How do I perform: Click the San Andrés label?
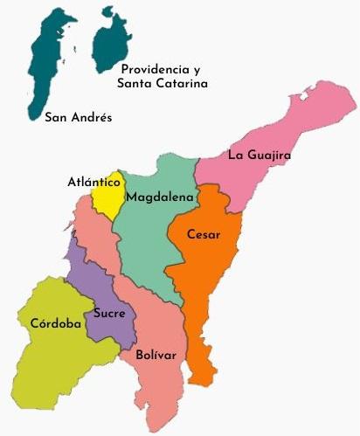pos(78,116)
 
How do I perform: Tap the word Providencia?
pos(156,68)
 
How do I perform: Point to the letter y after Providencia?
pos(197,69)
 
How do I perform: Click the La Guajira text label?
pos(259,156)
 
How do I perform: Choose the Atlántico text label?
pos(93,183)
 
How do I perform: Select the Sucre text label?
pos(109,313)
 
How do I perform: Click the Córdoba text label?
pos(56,323)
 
